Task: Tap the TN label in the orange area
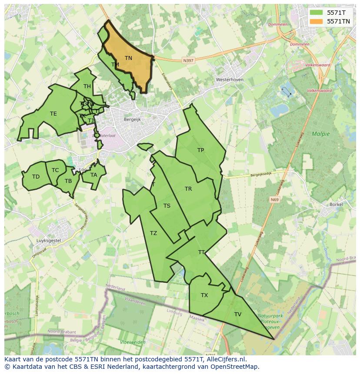pyautogui.click(x=128, y=58)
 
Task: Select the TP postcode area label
pyautogui.click(x=200, y=150)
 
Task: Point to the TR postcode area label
pyautogui.click(x=188, y=189)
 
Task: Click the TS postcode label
pyautogui.click(x=167, y=206)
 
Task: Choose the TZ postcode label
pyautogui.click(x=153, y=233)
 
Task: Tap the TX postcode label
pyautogui.click(x=204, y=295)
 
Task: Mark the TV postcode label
pyautogui.click(x=238, y=314)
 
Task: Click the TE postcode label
pyautogui.click(x=53, y=114)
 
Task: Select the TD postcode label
pyautogui.click(x=36, y=177)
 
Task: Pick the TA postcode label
pyautogui.click(x=94, y=175)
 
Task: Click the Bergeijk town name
pyautogui.click(x=133, y=119)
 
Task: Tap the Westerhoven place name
pyautogui.click(x=230, y=80)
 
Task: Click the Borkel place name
pyautogui.click(x=336, y=204)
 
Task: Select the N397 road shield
pyautogui.click(x=188, y=61)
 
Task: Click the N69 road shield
pyautogui.click(x=274, y=200)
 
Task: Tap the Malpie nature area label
pyautogui.click(x=320, y=134)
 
